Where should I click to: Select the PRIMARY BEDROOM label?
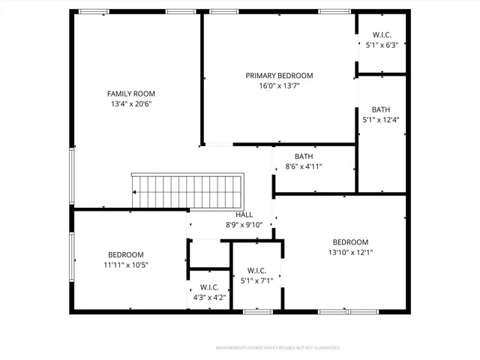coord(279,76)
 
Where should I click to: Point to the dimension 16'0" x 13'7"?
coord(279,86)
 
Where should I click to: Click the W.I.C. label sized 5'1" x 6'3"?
coord(381,34)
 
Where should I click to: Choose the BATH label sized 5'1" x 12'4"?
coord(381,109)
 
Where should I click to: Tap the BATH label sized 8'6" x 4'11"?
coord(304,156)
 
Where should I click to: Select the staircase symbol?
coord(188,192)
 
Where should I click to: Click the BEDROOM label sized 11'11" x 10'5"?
coord(125,254)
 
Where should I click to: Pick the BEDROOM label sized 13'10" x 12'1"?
coord(350,241)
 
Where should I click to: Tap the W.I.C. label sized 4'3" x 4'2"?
coord(209,286)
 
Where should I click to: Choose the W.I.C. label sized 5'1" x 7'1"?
coord(256,271)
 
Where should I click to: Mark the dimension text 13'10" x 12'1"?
coord(350,253)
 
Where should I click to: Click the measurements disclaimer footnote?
coord(278,348)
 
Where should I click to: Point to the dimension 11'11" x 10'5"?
coord(125,265)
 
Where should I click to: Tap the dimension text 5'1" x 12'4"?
coord(381,120)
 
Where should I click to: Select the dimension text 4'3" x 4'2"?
coord(209,296)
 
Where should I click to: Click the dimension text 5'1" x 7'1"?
coord(256,281)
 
